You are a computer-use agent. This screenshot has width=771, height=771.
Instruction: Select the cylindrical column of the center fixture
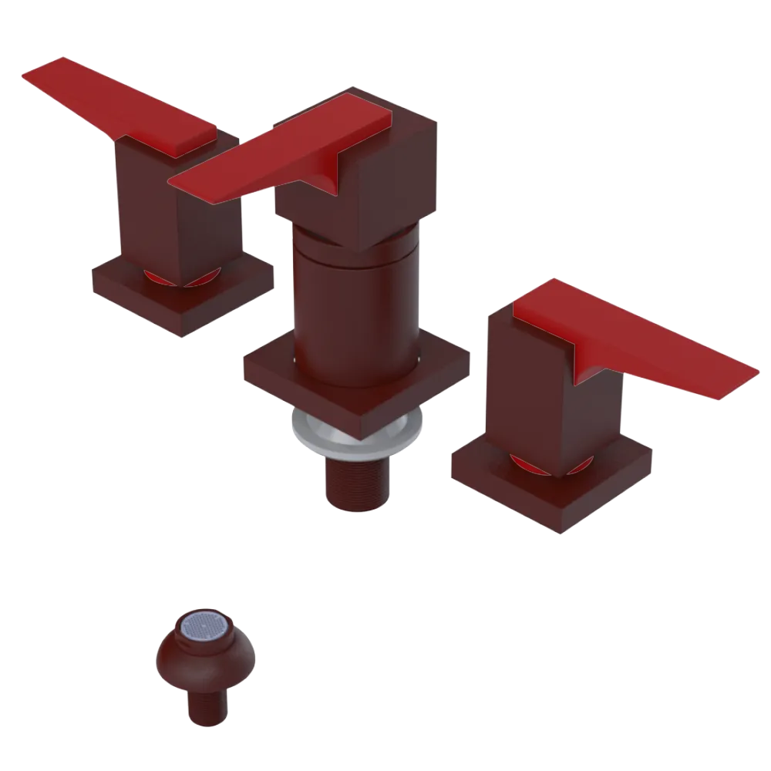[355, 308]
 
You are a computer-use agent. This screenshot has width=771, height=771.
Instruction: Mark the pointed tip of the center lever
[173, 183]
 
